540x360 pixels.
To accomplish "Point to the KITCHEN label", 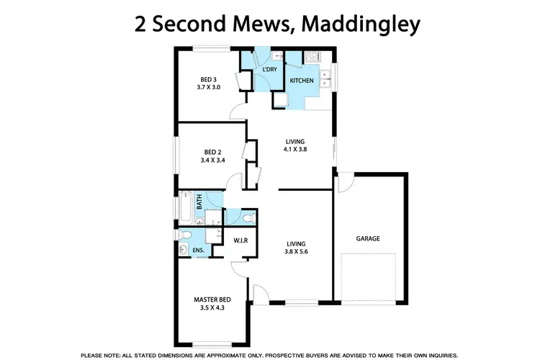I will (x=302, y=81).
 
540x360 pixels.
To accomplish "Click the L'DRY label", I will (x=270, y=69).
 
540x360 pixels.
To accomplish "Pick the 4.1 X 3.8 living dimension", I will (x=295, y=150).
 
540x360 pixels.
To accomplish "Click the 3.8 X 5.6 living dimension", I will (x=295, y=253).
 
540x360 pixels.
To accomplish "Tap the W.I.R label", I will (x=240, y=240).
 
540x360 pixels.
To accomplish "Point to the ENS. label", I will (x=198, y=250).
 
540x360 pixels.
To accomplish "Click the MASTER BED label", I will (x=211, y=300).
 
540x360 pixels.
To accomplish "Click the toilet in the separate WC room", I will (x=248, y=216).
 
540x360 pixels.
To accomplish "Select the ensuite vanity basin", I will (x=184, y=250).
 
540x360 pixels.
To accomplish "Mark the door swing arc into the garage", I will (x=343, y=181).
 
